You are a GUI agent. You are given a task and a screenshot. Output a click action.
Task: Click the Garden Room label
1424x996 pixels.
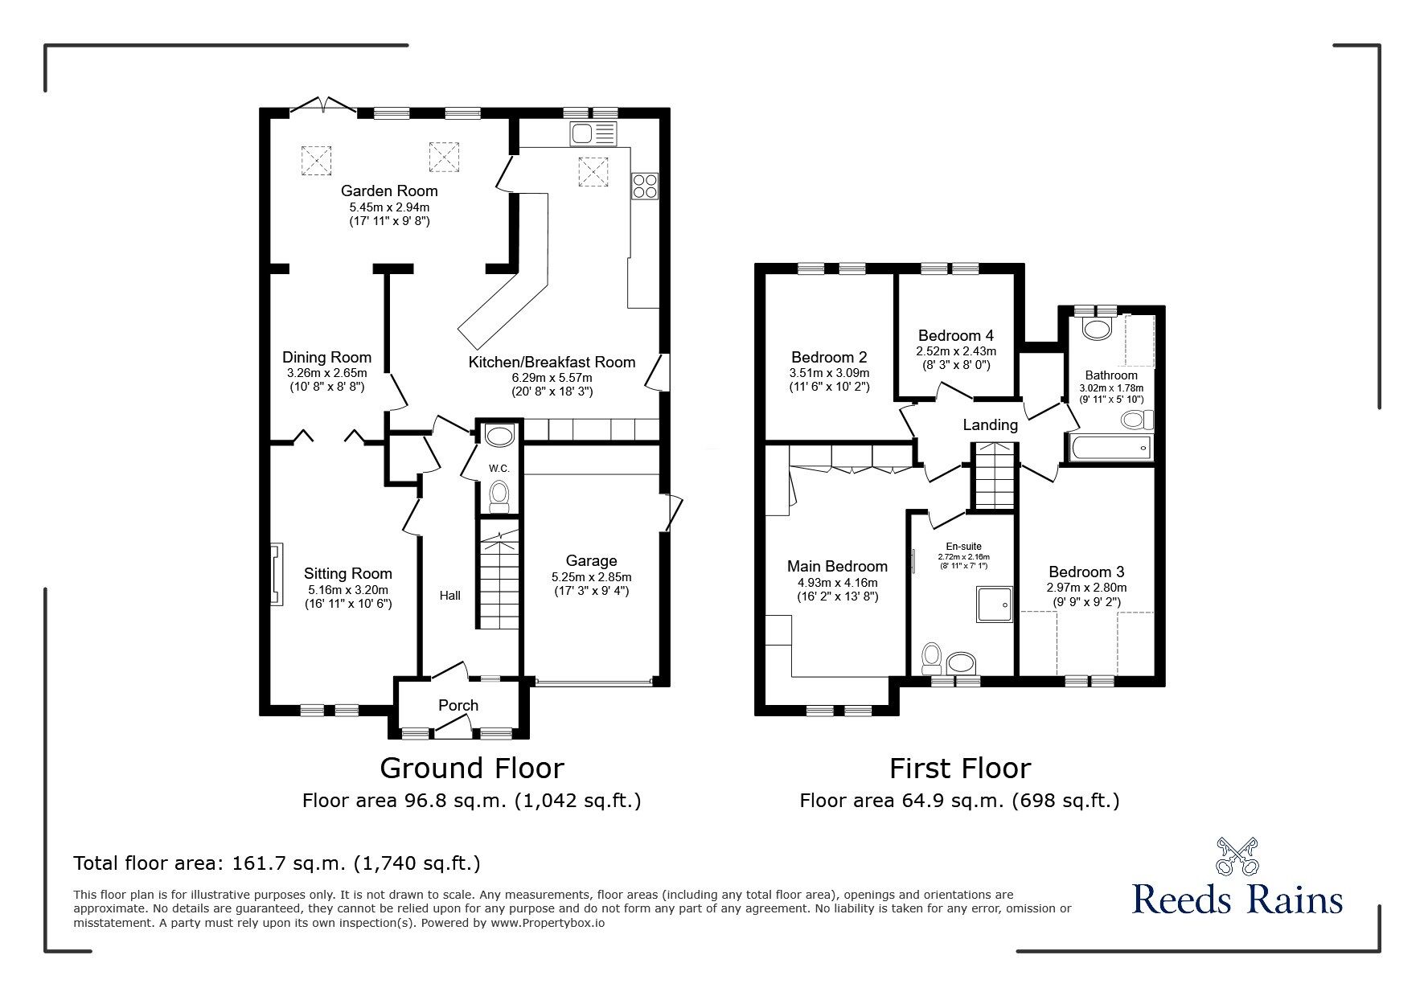point(389,191)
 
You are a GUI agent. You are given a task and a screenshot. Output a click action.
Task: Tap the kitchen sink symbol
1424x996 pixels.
point(592,133)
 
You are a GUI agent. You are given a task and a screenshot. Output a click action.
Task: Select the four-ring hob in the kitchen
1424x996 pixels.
point(644,186)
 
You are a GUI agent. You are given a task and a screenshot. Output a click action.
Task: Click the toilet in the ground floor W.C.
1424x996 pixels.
point(499,494)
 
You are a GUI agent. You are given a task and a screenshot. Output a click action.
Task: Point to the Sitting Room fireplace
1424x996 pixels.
point(276,574)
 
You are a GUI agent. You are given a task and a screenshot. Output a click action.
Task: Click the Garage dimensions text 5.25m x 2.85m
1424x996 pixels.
point(591,577)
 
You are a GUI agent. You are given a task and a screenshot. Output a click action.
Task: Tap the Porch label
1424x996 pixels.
point(458,705)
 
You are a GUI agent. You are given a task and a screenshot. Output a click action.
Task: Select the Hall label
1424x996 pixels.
point(450,596)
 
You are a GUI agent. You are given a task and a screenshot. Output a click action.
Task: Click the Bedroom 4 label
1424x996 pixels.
point(955,335)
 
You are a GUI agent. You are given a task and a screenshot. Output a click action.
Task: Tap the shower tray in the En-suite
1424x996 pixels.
point(995,605)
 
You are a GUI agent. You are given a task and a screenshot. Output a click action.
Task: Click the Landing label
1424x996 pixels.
point(990,424)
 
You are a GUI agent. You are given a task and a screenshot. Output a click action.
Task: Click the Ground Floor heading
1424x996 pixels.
point(471,769)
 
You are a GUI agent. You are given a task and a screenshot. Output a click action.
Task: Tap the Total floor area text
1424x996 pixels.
point(277,863)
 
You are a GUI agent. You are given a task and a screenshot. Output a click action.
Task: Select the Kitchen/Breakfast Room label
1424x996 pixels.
point(552,362)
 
